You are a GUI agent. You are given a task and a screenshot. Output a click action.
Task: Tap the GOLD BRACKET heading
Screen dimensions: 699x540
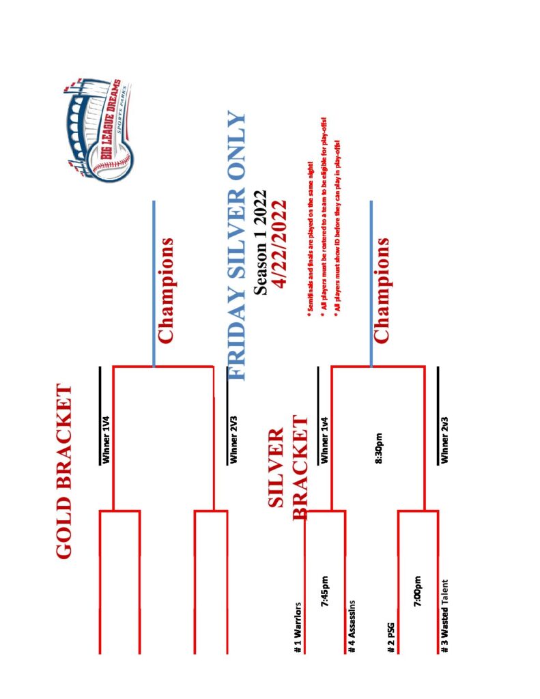(x=65, y=472)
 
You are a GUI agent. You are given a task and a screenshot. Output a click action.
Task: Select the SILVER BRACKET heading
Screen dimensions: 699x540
(x=287, y=473)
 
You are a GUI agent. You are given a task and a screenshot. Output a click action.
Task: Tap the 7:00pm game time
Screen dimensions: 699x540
(x=418, y=591)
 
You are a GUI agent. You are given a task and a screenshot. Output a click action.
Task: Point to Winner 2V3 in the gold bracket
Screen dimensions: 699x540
(x=233, y=447)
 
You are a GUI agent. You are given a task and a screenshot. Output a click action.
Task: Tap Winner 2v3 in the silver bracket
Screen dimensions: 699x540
(x=444, y=447)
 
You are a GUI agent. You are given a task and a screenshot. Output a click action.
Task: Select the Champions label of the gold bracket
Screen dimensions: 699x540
(x=166, y=289)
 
